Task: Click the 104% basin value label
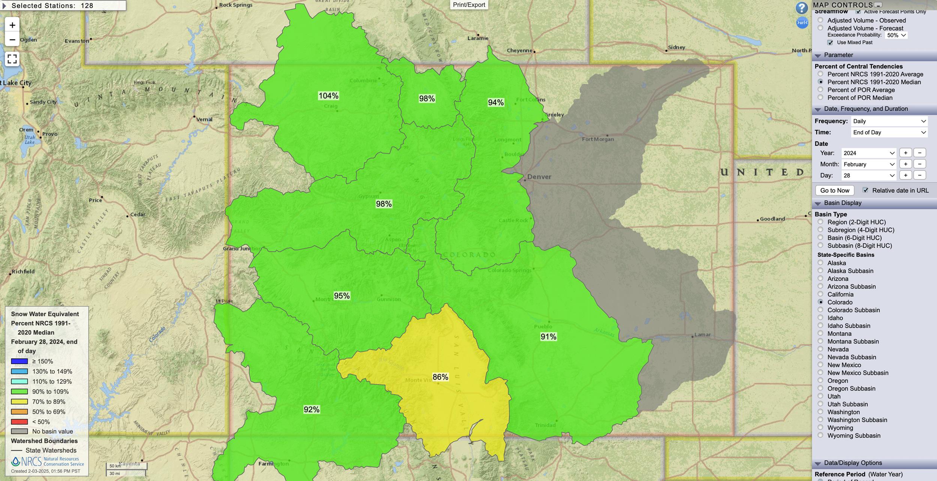[328, 96]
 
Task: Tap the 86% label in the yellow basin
[440, 377]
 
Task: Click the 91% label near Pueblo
[548, 337]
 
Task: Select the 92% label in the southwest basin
[311, 409]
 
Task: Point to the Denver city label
[539, 177]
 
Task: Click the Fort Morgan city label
[597, 139]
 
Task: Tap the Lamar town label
[702, 334]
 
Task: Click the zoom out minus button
[12, 40]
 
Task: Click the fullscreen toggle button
[12, 59]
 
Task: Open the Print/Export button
[469, 5]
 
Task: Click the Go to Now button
[835, 190]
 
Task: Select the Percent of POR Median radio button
[820, 97]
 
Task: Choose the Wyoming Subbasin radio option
[820, 435]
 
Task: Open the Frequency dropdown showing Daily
[889, 121]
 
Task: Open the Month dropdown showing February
[868, 164]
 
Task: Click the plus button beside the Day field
[906, 175]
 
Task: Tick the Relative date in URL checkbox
[865, 190]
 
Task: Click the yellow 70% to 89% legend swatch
[19, 402]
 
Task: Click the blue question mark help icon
[801, 8]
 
